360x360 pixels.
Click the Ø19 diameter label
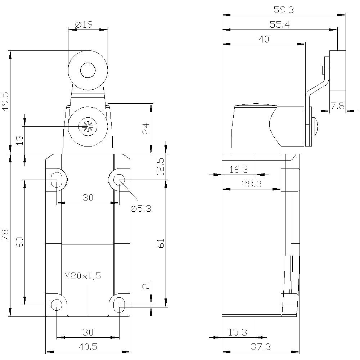pyautogui.click(x=84, y=24)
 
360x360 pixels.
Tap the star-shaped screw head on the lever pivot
pyautogui.click(x=87, y=126)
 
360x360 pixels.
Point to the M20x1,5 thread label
pyautogui.click(x=82, y=276)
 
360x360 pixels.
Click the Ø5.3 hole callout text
pyautogui.click(x=141, y=208)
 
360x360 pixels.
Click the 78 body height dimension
pyautogui.click(x=5, y=236)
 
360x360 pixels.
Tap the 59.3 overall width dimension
pyautogui.click(x=284, y=10)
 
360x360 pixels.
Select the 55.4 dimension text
pyautogui.click(x=280, y=25)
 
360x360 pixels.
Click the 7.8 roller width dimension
pyautogui.click(x=338, y=106)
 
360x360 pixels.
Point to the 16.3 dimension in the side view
pyautogui.click(x=238, y=170)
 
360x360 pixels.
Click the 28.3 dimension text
pyautogui.click(x=251, y=184)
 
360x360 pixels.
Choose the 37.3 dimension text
pyautogui.click(x=261, y=347)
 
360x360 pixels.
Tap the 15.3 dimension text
pyautogui.click(x=238, y=333)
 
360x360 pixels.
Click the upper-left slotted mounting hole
pyautogui.click(x=56, y=179)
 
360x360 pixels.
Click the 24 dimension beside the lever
pyautogui.click(x=145, y=129)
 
